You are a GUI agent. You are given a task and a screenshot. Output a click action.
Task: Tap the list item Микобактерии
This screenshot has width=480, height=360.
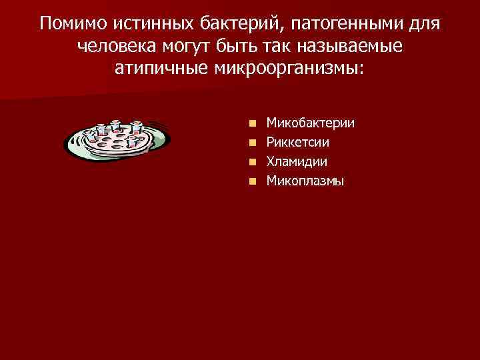pyautogui.click(x=310, y=123)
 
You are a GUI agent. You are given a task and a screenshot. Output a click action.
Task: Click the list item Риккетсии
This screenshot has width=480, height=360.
pyautogui.click(x=297, y=142)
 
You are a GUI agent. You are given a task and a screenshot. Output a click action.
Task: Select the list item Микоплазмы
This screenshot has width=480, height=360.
pyautogui.click(x=305, y=180)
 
